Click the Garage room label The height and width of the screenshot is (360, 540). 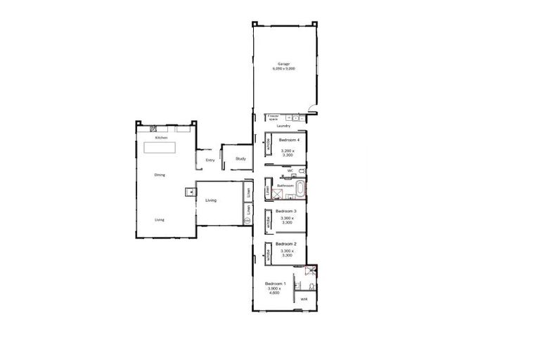pos(283,64)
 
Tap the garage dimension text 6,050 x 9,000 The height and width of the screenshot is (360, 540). pos(283,69)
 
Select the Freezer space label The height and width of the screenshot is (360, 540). pos(274,117)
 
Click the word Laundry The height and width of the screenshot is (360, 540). pos(284,126)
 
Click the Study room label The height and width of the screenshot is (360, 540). pos(240,159)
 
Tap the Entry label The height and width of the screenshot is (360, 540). pos(210,160)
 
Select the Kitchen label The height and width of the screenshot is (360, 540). pos(161,138)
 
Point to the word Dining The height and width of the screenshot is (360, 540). pos(160,174)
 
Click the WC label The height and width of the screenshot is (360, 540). pos(289,170)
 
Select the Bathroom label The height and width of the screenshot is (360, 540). pos(285,186)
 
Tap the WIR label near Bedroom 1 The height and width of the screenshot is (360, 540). pos(304,300)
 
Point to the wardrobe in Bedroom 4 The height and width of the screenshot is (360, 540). pos(268,146)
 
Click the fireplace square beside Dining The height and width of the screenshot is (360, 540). pos(188,191)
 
